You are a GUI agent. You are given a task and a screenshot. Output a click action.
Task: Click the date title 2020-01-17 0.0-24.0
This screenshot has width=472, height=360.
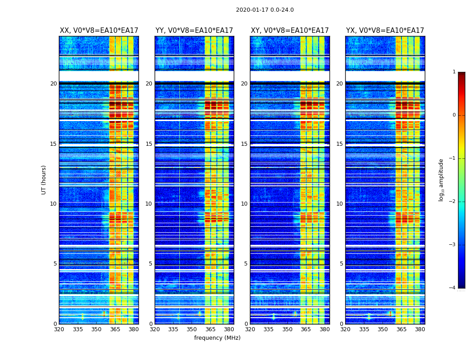(265, 10)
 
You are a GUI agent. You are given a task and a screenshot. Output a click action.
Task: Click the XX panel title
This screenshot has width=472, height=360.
(99, 31)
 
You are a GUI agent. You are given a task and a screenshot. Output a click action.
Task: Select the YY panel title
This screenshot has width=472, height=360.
(194, 31)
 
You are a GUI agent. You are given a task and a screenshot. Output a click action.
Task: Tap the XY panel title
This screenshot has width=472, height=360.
(290, 31)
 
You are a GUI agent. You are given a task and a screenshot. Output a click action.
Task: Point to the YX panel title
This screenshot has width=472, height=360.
(385, 31)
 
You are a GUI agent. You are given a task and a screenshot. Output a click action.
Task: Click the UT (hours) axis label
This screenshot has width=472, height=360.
(44, 180)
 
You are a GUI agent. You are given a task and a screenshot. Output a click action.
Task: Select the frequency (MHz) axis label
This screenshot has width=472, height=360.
(217, 338)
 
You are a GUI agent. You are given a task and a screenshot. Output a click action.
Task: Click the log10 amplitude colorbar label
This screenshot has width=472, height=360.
(441, 180)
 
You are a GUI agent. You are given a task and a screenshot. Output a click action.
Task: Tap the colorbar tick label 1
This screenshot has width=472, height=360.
(454, 72)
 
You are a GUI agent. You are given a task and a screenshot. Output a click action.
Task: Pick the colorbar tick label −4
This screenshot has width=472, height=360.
(453, 288)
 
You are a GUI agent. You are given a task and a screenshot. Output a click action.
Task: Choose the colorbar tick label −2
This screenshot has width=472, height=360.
(453, 202)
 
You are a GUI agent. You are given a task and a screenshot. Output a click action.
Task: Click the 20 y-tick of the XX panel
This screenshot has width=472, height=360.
(53, 84)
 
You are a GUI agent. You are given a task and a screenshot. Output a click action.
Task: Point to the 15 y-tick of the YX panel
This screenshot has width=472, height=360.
(340, 144)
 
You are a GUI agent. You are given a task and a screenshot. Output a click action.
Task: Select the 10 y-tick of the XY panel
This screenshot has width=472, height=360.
(245, 204)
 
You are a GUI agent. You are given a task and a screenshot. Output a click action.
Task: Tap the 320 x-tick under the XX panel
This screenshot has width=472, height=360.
(59, 329)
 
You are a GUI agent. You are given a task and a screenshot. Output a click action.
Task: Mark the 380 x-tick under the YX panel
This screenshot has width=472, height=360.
(420, 329)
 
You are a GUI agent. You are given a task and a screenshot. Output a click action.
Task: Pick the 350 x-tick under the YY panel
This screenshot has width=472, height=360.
(192, 329)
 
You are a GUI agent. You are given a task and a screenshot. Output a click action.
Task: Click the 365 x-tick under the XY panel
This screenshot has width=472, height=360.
(306, 329)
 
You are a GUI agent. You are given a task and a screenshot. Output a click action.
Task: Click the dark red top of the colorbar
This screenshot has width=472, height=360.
(461, 74)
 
